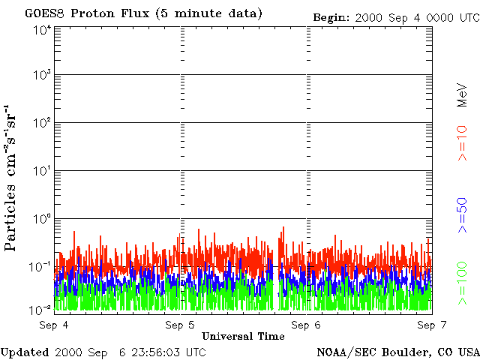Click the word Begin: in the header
pos(331,16)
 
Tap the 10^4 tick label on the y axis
pos(42,30)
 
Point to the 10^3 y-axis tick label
pos(42,76)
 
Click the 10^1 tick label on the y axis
pos(42,172)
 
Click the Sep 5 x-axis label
pos(179,325)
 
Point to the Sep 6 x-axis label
pos(305,325)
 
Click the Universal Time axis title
pos(243,336)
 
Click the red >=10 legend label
pos(462,143)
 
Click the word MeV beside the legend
pos(462,93)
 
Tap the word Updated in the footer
pos(25,352)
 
